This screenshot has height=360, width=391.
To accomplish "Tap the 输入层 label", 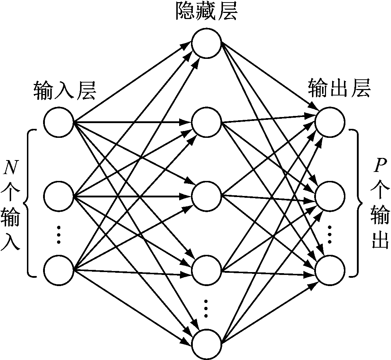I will pyautogui.click(x=65, y=91).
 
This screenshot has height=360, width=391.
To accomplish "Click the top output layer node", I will pyautogui.click(x=330, y=122).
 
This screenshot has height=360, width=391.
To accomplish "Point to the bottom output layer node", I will pyautogui.click(x=330, y=270).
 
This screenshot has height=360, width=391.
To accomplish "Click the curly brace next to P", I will pyautogui.click(x=357, y=203).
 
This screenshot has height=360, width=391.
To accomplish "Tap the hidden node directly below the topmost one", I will pyautogui.click(x=206, y=122).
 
